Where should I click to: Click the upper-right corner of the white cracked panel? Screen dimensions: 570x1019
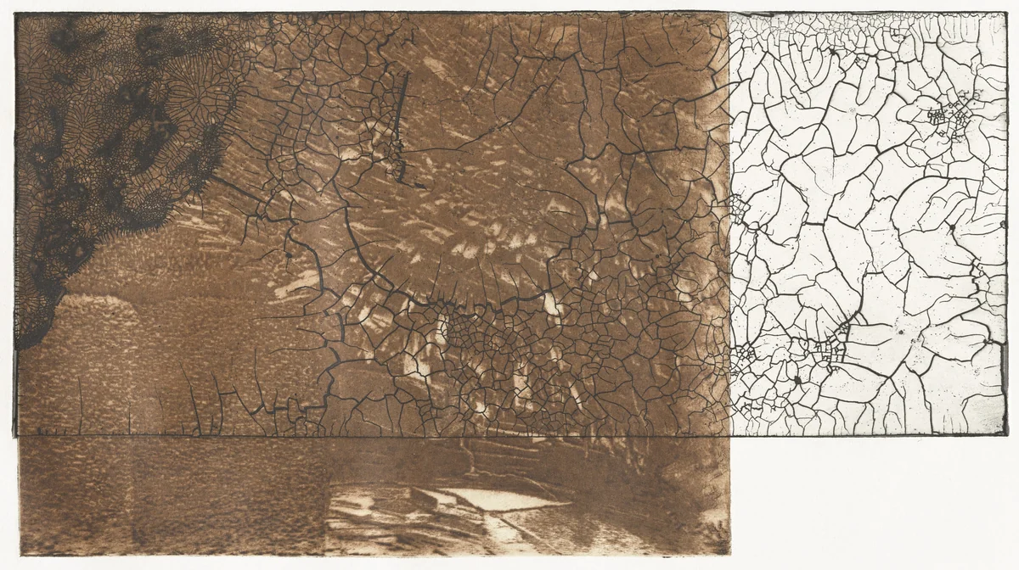pos(1006,13)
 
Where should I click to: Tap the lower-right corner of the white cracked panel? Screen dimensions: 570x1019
pos(1006,435)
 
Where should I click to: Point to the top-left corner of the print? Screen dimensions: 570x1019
pos(16,14)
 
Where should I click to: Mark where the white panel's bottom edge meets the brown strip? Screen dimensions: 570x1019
pos(729,436)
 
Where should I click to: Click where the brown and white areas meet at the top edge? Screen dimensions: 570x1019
pos(729,13)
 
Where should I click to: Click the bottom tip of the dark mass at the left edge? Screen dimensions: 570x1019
pos(25,344)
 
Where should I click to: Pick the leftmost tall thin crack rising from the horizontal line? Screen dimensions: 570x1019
pos(81,407)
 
